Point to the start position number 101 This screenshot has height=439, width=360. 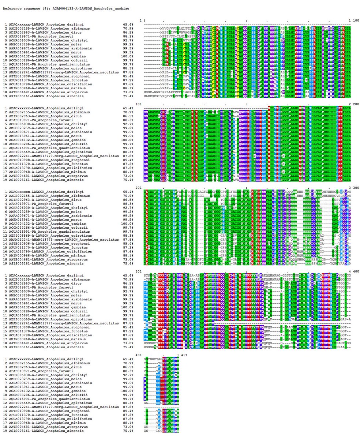tap(138, 104)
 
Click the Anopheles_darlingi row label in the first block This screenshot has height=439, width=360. tap(44, 24)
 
